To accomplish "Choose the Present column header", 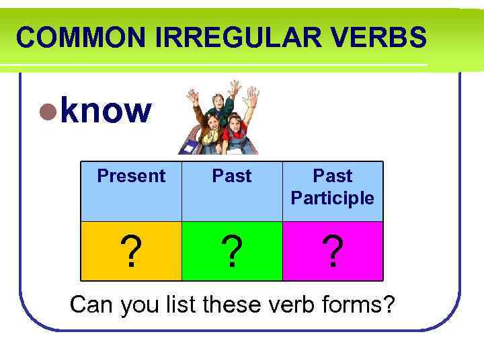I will point(131,176).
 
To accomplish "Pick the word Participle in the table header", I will point(333,198).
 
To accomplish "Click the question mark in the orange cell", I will point(131,251).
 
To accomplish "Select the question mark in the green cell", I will point(232,251).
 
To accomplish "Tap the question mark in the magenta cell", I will point(333,251).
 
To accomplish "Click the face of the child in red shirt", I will point(236,124).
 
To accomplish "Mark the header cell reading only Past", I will point(232,176).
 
